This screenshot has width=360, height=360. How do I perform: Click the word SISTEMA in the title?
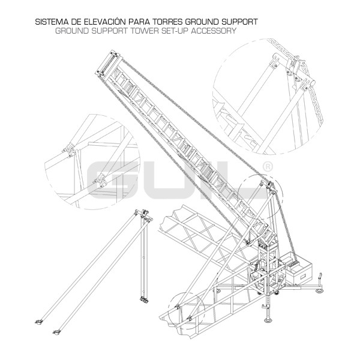click(51, 22)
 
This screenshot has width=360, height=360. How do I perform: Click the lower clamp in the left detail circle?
click(100, 178)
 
